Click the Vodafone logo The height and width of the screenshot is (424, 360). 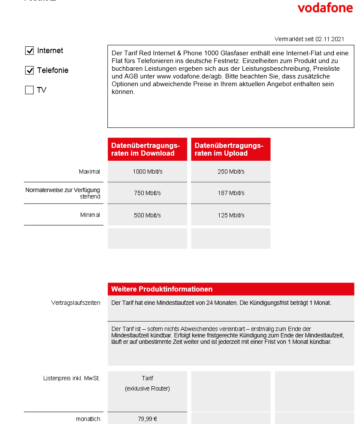325,8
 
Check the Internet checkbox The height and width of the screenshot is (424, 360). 29,51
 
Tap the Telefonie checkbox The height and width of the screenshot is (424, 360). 29,71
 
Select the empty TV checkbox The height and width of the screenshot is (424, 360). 29,90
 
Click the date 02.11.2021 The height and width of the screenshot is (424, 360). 330,39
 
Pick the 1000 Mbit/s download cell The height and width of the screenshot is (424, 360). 147,171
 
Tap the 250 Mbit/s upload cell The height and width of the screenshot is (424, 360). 231,171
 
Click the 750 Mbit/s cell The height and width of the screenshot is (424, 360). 147,193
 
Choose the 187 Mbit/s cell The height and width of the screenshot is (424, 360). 231,193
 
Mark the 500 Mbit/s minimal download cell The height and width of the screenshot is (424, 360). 147,215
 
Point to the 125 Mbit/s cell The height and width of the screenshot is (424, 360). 231,215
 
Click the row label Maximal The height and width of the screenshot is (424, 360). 89,171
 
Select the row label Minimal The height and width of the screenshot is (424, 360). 90,215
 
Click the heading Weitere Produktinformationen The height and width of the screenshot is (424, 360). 162,289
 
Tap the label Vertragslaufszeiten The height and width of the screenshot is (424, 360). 76,303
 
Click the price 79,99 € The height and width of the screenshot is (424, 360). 147,419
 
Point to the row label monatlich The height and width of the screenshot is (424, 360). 88,419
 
